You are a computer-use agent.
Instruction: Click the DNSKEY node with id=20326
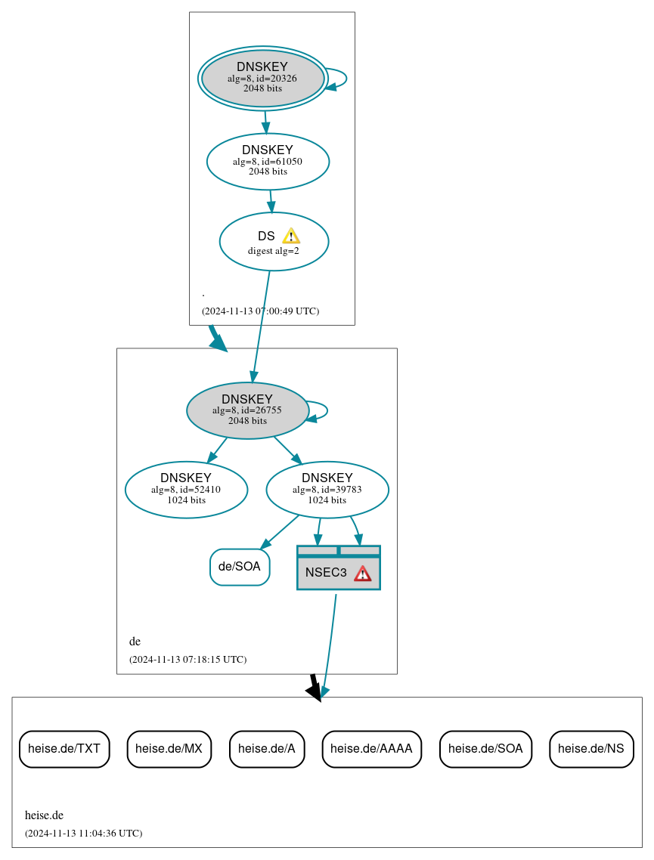pos(262,78)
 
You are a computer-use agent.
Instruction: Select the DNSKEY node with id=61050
pos(268,161)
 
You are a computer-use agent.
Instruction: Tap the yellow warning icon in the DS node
pos(291,236)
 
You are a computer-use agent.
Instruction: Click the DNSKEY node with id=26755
pos(247,410)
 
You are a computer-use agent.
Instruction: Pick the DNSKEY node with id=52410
pos(186,490)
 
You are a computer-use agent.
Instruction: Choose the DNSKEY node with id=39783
pos(327,490)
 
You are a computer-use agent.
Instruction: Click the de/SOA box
pos(240,567)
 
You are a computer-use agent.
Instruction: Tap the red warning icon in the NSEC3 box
pos(363,574)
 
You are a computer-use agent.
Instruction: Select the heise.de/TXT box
pos(64,749)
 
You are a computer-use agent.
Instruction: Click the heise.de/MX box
pos(169,749)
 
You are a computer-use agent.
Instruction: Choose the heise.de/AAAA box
pos(371,749)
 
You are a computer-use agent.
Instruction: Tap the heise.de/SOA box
pos(485,749)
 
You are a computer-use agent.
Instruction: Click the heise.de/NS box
pos(591,749)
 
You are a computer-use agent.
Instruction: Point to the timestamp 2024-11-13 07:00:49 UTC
pos(260,311)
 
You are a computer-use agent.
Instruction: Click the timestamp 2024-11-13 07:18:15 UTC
pos(188,659)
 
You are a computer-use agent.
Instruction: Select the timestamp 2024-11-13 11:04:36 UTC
pos(83,833)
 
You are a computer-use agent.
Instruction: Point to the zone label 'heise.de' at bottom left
pos(44,815)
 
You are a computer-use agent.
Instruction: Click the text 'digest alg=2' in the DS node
pos(274,251)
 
